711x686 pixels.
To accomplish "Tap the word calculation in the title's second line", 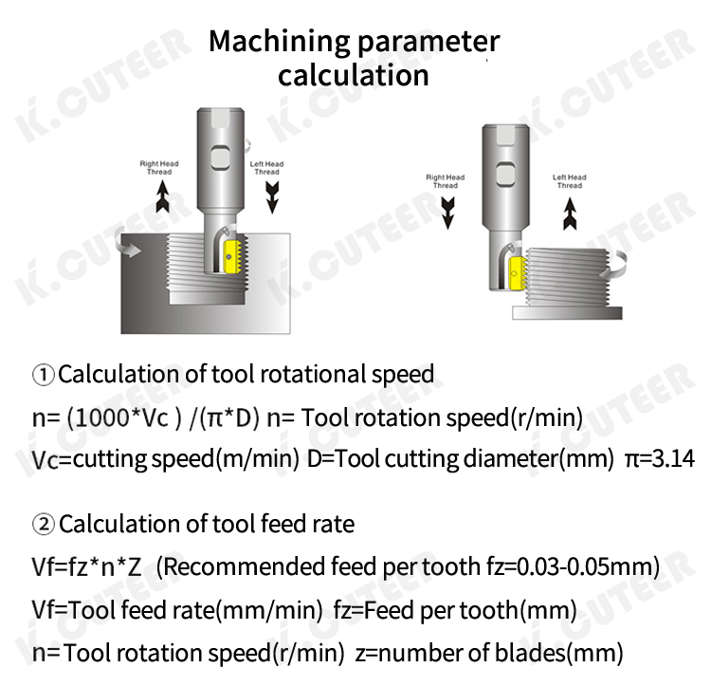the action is click(354, 75).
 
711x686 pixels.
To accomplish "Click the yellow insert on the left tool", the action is click(232, 257).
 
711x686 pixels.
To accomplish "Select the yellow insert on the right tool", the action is click(518, 273).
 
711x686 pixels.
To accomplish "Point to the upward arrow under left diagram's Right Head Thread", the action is click(162, 196).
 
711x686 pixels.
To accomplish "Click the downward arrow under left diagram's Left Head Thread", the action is click(272, 197).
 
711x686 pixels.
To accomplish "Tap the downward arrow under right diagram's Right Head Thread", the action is click(447, 213).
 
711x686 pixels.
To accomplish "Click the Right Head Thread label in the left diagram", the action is click(159, 167).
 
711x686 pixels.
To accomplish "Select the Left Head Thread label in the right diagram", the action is click(570, 181).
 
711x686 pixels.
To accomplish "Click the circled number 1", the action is click(44, 375).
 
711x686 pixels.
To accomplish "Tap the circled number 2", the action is click(44, 525).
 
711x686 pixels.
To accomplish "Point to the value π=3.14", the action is click(660, 458).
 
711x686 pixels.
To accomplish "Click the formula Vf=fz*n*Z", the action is click(86, 567).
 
